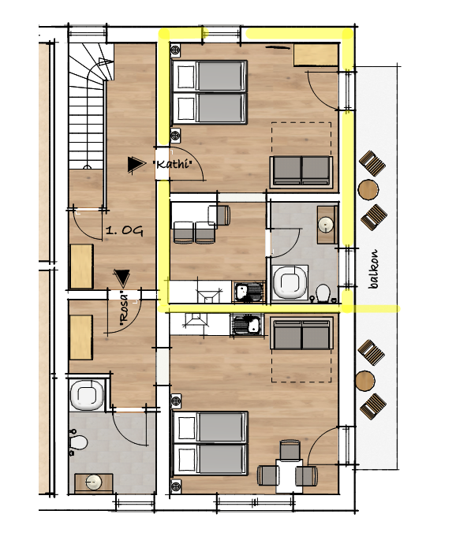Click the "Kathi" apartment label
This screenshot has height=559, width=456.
(x=172, y=164)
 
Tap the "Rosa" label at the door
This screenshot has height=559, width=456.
(x=124, y=309)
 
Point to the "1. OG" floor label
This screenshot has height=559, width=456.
(x=125, y=231)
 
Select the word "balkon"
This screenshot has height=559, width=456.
(x=373, y=269)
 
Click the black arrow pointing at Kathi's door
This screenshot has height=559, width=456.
(x=136, y=164)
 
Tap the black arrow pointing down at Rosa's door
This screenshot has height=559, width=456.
(x=121, y=278)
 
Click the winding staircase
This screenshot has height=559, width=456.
(x=91, y=106)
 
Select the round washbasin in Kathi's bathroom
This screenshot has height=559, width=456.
(x=326, y=225)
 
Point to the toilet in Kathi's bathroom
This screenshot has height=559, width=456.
(x=323, y=293)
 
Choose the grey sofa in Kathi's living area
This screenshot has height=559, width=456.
(x=301, y=172)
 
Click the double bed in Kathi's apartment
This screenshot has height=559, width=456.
(x=210, y=92)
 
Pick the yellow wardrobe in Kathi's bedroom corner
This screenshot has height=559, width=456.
(x=316, y=55)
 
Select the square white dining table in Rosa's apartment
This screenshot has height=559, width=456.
(x=289, y=475)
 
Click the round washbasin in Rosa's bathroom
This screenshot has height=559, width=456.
(x=94, y=483)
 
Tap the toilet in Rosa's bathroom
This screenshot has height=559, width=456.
(x=78, y=442)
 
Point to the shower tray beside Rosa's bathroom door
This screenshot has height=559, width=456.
(x=87, y=395)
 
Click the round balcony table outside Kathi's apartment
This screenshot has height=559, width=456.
(x=368, y=189)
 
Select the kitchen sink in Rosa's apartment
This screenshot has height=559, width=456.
(x=248, y=324)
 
